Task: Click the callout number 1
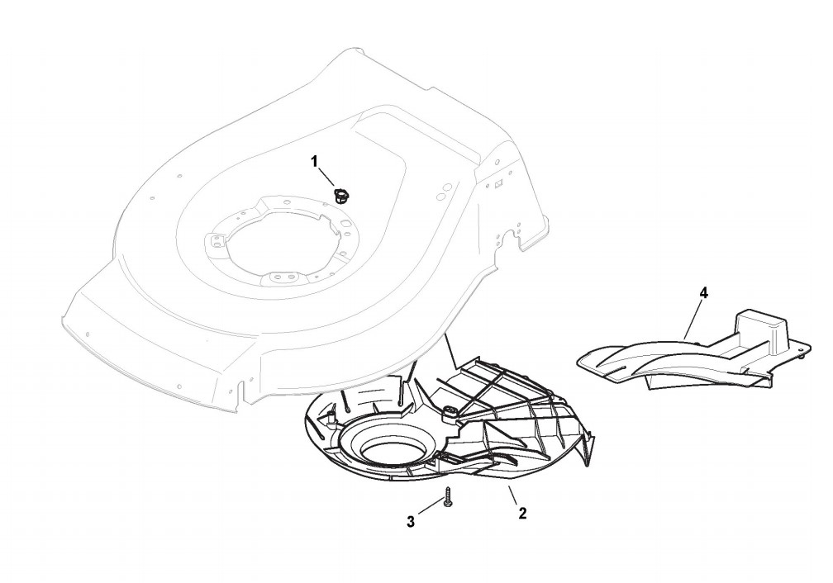[x=314, y=161]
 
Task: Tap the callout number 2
[x=521, y=514]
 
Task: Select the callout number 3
[x=410, y=521]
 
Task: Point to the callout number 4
[x=703, y=293]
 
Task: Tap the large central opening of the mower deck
[x=278, y=244]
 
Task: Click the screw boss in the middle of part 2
[x=452, y=412]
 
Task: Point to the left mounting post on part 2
[x=332, y=419]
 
